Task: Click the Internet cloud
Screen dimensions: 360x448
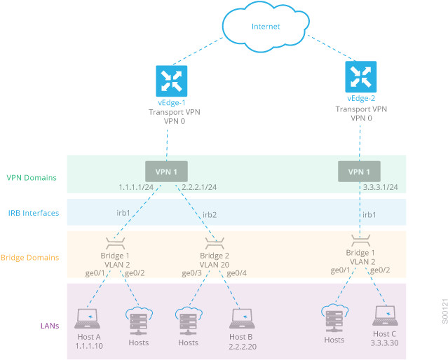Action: (x=266, y=27)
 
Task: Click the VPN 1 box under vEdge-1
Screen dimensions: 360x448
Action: (x=166, y=172)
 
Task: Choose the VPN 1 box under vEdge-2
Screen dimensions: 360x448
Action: (x=359, y=172)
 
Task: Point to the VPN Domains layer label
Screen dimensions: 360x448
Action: (x=32, y=177)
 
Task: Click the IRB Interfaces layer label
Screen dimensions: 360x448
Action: (x=33, y=213)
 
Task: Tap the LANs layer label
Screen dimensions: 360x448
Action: (x=48, y=326)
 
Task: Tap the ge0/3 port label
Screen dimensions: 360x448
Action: (x=191, y=273)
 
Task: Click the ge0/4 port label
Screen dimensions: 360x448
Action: (x=237, y=273)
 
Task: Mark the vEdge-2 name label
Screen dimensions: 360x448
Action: (x=361, y=99)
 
